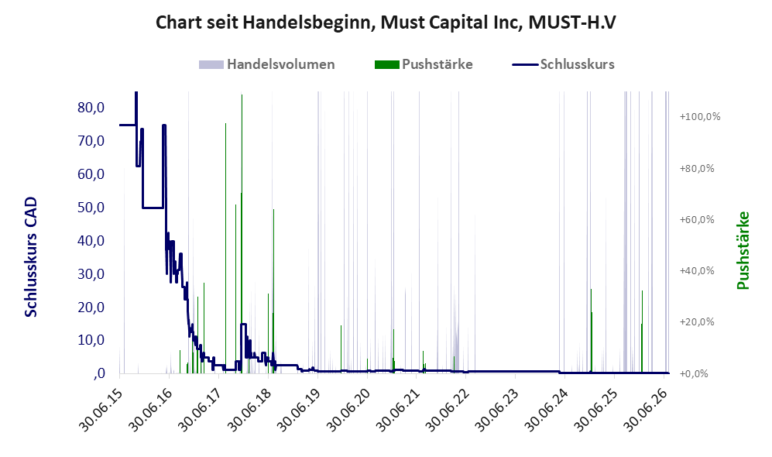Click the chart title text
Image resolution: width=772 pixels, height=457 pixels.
(x=386, y=22)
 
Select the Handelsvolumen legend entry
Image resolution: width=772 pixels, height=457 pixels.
(x=267, y=64)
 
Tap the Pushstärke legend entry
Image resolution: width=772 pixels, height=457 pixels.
(x=424, y=64)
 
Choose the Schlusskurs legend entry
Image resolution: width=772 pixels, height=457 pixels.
(x=563, y=64)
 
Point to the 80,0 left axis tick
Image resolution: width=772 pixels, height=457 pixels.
(x=91, y=108)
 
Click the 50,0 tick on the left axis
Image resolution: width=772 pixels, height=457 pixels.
(x=91, y=208)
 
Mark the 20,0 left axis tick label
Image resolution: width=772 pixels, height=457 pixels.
(x=91, y=308)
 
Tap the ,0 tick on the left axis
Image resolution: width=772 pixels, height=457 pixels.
(x=99, y=374)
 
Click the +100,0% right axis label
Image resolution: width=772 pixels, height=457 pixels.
(x=700, y=117)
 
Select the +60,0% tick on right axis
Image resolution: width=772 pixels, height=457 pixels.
(x=697, y=220)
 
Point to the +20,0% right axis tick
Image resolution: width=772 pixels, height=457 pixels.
(x=697, y=322)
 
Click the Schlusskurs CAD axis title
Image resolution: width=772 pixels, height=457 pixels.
(x=31, y=256)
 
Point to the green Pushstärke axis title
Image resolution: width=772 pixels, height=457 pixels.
(x=743, y=251)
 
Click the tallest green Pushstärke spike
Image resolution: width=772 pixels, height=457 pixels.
(x=242, y=233)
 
